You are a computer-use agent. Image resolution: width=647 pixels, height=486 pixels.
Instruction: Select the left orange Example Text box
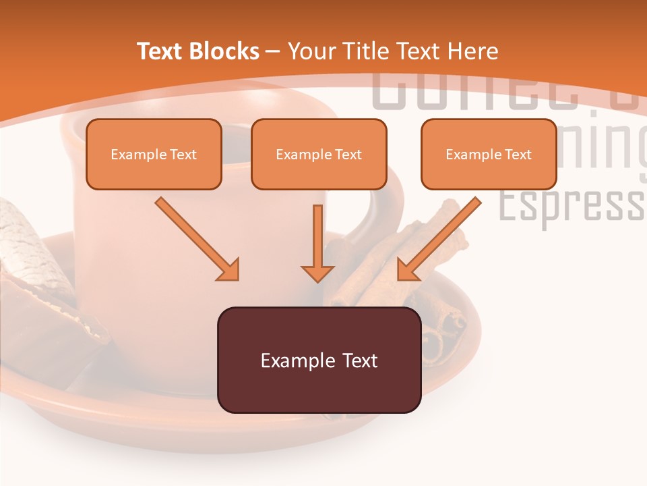[x=154, y=154]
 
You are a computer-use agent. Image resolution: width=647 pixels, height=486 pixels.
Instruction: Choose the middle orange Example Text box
[x=319, y=154]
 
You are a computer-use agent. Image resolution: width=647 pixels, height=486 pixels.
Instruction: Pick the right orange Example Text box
[x=489, y=154]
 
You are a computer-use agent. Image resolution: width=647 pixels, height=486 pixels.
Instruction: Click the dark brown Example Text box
[x=319, y=360]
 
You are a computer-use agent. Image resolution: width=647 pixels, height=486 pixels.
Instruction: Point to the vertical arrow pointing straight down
[x=317, y=243]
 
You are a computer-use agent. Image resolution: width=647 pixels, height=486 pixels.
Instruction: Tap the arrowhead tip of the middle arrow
[x=317, y=278]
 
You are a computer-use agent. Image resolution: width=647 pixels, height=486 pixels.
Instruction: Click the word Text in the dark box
[x=360, y=360]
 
